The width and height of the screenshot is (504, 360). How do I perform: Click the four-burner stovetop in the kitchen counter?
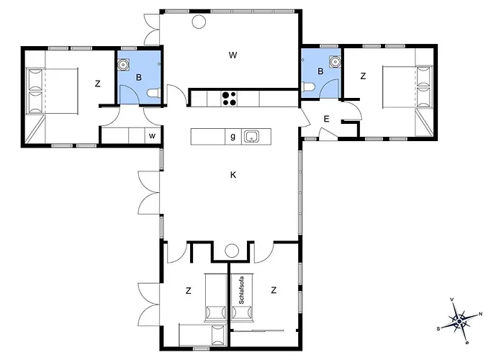point(229,99)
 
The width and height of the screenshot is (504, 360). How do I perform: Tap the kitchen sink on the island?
point(251,136)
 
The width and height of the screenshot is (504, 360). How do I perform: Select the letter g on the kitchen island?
point(233,136)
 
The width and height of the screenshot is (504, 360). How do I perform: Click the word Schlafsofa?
point(241,290)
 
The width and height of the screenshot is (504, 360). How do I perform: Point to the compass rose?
point(459,320)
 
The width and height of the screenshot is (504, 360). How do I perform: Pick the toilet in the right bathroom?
point(307,86)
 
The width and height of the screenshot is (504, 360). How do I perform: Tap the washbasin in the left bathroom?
point(123,65)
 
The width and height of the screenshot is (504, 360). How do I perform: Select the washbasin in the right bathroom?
point(335,60)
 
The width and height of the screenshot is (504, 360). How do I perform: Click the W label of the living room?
point(233,55)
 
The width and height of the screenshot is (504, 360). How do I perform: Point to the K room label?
point(233,175)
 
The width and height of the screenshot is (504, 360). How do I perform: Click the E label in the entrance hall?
point(327,119)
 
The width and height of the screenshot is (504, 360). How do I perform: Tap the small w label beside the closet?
point(152,136)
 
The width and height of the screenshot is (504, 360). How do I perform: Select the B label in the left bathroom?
point(139,78)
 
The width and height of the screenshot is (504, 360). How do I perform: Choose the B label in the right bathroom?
point(320,71)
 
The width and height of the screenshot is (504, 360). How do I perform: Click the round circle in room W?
point(199,22)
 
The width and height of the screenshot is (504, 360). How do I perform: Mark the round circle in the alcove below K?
point(231,251)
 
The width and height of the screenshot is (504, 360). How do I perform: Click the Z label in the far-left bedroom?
point(97,84)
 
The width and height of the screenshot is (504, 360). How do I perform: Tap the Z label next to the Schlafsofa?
point(274,290)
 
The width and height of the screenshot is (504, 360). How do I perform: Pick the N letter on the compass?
point(480,314)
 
